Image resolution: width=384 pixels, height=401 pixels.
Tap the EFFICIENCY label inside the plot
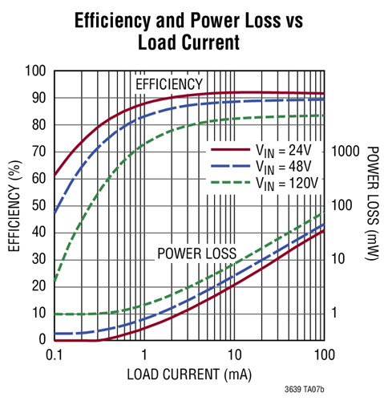tap(169, 84)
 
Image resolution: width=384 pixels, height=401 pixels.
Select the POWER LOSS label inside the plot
tap(196, 253)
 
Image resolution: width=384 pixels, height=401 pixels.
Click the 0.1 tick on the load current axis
tap(55, 354)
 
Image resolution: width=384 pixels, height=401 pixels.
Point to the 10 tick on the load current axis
tap(234, 354)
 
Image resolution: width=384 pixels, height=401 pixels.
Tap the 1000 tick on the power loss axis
tap(345, 151)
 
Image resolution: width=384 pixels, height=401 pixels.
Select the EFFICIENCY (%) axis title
tap(14, 205)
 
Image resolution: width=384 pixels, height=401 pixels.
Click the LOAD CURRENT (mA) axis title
tap(189, 374)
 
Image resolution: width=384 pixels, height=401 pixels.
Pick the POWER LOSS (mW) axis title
tap(371, 205)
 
